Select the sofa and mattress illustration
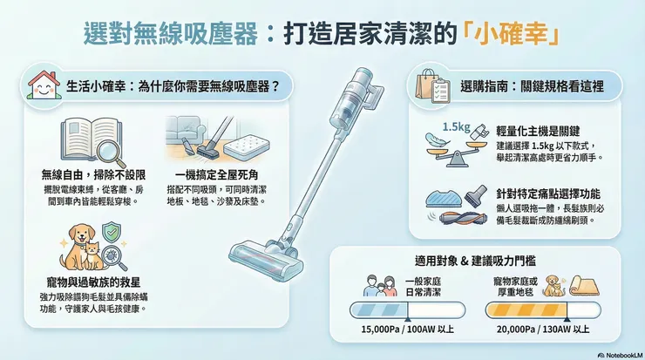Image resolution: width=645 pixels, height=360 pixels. (209, 139)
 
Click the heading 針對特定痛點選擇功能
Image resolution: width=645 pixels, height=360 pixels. (547, 193)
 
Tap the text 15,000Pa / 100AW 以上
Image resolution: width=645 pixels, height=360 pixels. (405, 329)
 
